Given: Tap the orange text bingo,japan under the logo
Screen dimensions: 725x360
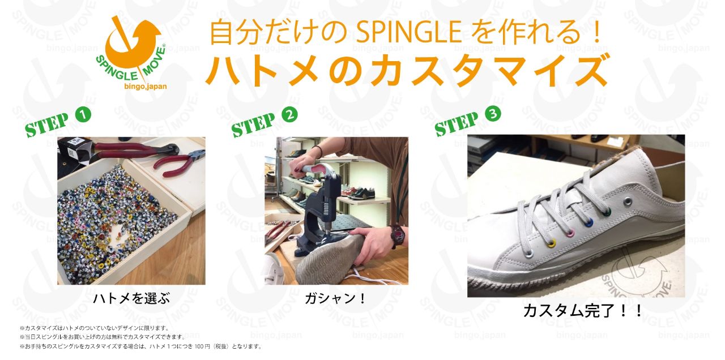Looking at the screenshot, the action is [146, 87].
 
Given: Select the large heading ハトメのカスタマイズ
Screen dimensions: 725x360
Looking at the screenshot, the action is [407, 71].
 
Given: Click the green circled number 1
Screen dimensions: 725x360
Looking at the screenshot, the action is [83, 115].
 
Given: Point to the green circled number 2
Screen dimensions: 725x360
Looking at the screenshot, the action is [289, 115].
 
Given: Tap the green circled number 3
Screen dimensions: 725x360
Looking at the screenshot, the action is [493, 114].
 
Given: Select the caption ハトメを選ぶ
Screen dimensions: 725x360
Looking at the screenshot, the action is [131, 298].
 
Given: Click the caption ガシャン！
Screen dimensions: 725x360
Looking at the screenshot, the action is [335, 298].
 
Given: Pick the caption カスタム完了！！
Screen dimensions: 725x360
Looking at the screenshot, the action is [582, 311].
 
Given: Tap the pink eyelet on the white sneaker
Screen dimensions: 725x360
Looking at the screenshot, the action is [572, 233].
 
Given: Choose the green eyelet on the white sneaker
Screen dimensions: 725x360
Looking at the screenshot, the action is [608, 212].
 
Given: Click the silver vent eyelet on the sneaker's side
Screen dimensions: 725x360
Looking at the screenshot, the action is [628, 202].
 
